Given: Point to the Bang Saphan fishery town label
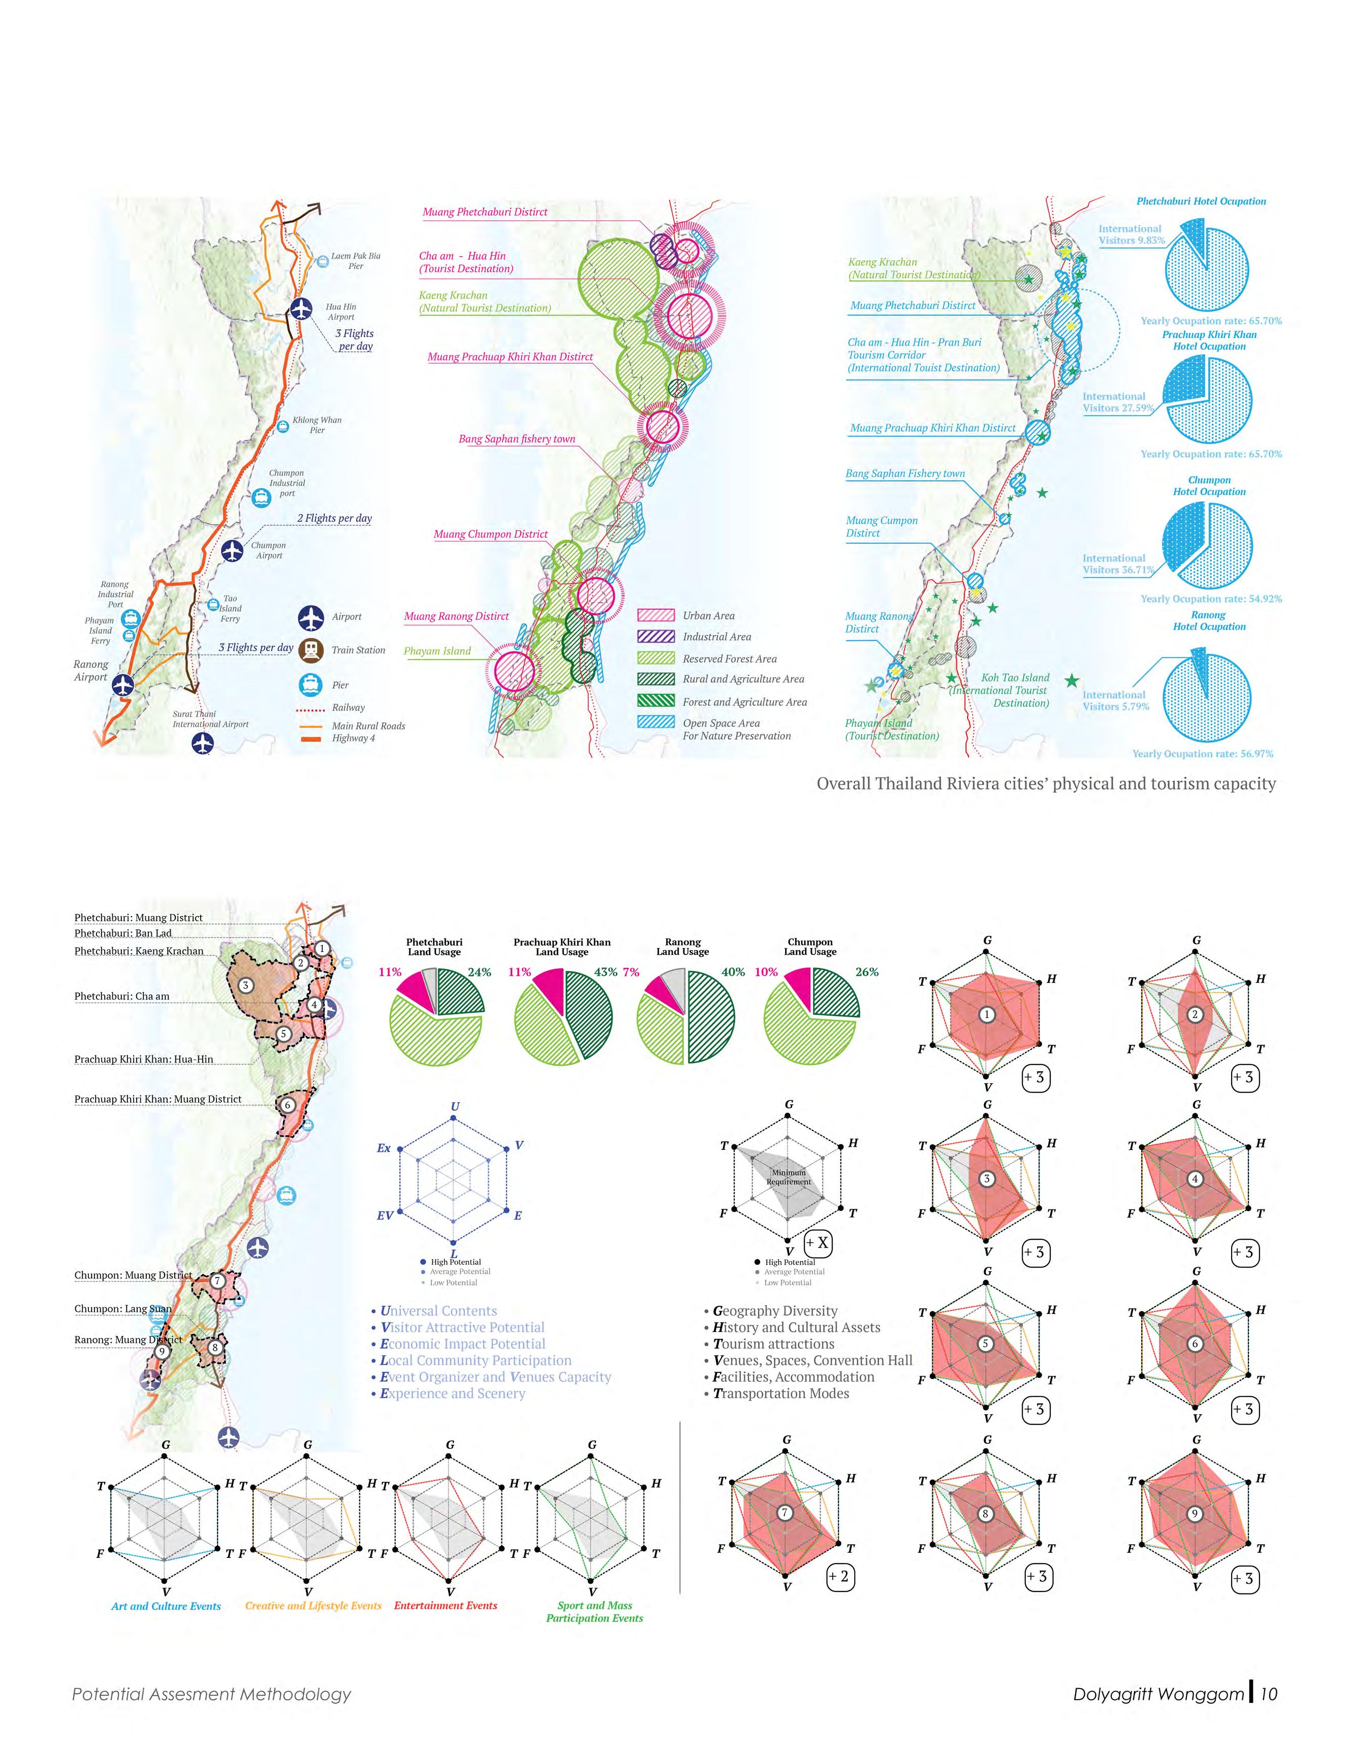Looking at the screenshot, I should tap(517, 439).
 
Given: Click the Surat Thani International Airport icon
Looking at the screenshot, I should tap(203, 743).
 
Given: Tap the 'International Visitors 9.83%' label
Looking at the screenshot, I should tap(1130, 234).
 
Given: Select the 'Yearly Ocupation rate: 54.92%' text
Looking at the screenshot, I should tap(1211, 598).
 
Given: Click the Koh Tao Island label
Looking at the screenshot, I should tap(1003, 690).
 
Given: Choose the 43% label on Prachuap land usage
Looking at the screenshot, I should tap(606, 972).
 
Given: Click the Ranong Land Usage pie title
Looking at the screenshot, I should tap(682, 947).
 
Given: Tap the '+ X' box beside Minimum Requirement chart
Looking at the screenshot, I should tap(818, 1243).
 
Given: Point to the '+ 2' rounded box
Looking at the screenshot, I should tap(839, 1577).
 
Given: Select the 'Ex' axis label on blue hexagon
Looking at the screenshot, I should tap(384, 1148).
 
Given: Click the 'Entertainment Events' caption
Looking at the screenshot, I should tap(446, 1605).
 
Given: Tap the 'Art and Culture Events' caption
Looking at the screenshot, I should tap(166, 1606).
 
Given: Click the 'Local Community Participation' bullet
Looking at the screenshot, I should tap(474, 1360).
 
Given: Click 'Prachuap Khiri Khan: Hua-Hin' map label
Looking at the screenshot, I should tap(144, 1059).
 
